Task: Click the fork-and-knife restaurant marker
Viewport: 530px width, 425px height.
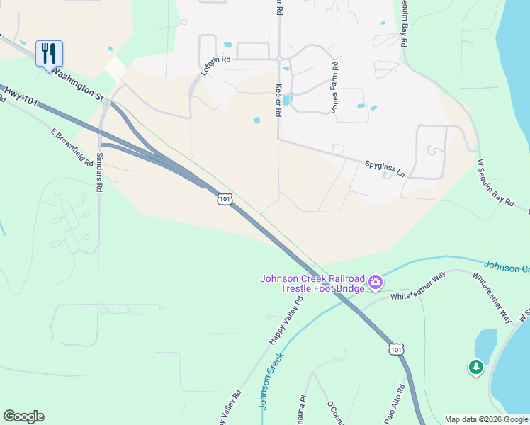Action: pos(49,53)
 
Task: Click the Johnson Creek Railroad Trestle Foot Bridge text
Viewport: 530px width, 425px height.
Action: pos(312,283)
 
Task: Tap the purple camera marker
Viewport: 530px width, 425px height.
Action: pos(376,283)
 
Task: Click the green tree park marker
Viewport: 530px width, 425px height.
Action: pos(476,367)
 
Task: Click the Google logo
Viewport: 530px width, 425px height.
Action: pos(23,416)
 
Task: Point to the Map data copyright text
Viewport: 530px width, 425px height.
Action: pos(486,419)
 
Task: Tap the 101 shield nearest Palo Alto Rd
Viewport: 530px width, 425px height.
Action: pos(396,349)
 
